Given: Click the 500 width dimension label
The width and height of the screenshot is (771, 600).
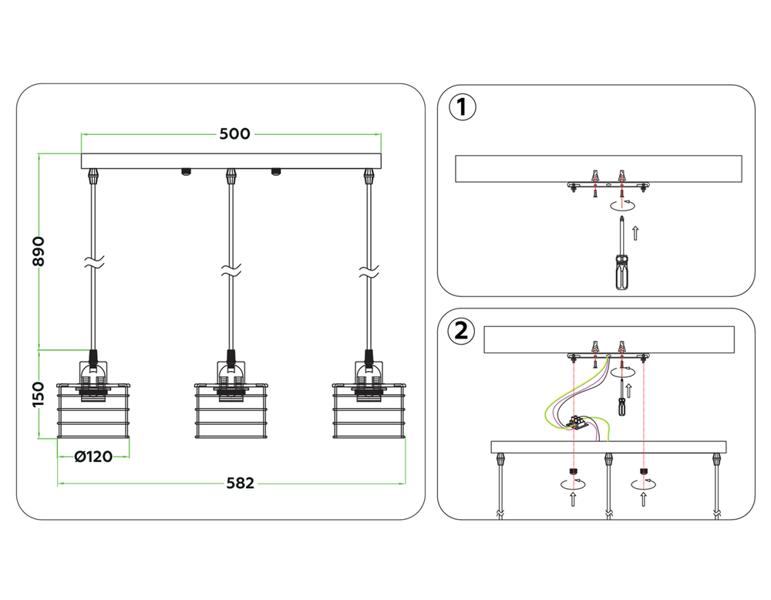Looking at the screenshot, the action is pyautogui.click(x=234, y=133).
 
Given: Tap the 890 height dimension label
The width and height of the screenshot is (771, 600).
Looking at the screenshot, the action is pyautogui.click(x=39, y=251).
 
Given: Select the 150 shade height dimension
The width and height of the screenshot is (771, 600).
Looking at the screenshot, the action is pyautogui.click(x=39, y=394).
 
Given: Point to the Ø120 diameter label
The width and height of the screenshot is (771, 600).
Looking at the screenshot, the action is pyautogui.click(x=93, y=457).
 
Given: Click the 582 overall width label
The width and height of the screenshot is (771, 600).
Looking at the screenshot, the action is pyautogui.click(x=241, y=484).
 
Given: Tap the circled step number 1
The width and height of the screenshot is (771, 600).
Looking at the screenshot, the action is pyautogui.click(x=463, y=108).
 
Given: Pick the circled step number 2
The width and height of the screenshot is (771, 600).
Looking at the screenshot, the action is pyautogui.click(x=461, y=331).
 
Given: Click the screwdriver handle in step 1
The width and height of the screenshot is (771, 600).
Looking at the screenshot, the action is pyautogui.click(x=622, y=272).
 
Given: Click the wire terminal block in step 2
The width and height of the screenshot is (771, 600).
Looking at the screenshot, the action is pyautogui.click(x=577, y=422).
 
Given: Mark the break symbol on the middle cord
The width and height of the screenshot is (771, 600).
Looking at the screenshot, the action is pyautogui.click(x=231, y=269).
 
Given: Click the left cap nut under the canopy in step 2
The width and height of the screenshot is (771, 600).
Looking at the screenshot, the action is pyautogui.click(x=574, y=471).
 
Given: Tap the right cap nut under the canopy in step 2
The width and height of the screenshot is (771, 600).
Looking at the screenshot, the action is pyautogui.click(x=644, y=471).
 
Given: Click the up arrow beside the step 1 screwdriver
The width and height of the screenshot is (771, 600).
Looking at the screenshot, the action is pyautogui.click(x=635, y=233).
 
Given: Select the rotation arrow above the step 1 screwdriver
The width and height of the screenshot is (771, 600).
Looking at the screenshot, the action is pyautogui.click(x=622, y=204).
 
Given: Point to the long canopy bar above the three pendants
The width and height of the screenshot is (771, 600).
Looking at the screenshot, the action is pyautogui.click(x=231, y=161).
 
